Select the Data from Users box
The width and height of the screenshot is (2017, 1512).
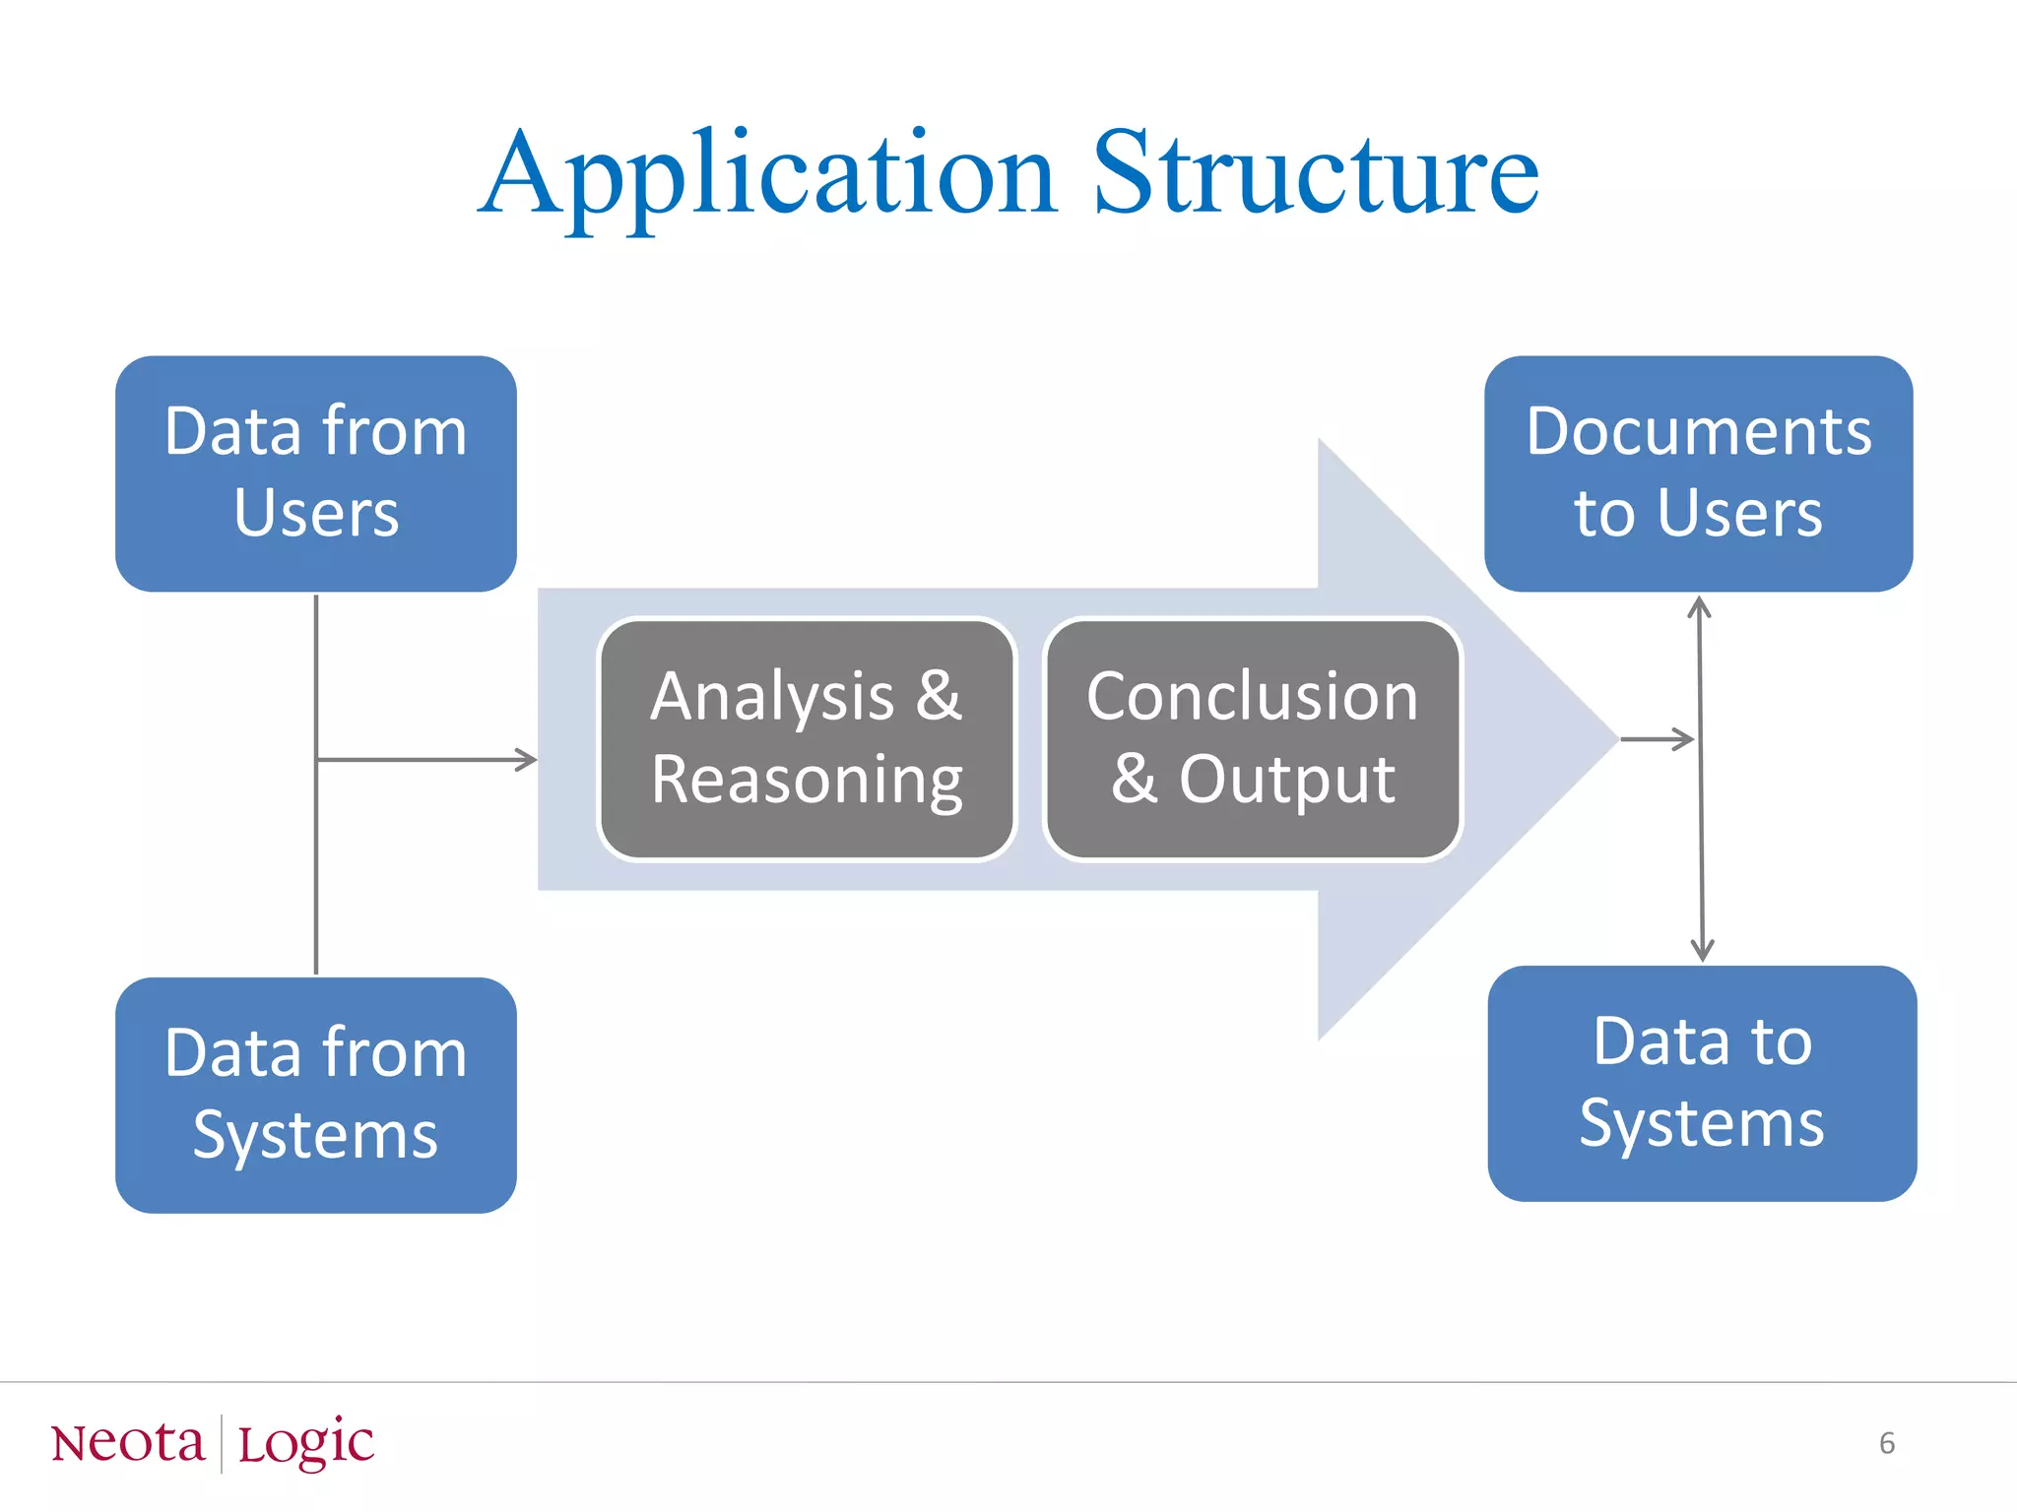point(316,473)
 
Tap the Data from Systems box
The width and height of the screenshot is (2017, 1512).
point(316,1095)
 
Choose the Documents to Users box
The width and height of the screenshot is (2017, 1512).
point(1698,473)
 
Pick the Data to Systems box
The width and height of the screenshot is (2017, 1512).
point(1702,1083)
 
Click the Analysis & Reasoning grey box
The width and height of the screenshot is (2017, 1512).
point(807,738)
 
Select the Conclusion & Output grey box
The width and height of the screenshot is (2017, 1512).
point(1252,738)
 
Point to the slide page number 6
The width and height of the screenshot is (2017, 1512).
point(1887,1443)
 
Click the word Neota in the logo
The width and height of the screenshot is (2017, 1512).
point(128,1444)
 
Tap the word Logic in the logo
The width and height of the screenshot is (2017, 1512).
point(306,1444)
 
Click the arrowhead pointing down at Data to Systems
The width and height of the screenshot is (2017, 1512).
point(1702,951)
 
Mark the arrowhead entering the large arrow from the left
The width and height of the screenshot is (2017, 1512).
point(528,759)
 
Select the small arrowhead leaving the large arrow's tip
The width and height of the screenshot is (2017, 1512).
point(1684,738)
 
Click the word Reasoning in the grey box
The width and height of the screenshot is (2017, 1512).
point(807,781)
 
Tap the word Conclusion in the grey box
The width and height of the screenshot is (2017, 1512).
point(1252,697)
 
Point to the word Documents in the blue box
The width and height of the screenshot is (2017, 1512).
point(1698,432)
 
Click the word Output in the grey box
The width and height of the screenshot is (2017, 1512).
point(1287,781)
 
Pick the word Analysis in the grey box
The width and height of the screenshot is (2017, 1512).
point(772,697)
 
